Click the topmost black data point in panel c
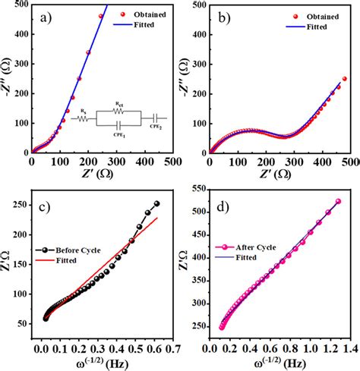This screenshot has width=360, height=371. pyautogui.click(x=157, y=203)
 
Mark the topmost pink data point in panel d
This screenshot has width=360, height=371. pyautogui.click(x=338, y=201)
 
